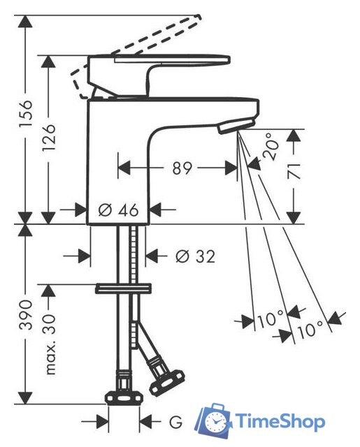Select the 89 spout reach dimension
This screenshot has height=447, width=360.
coord(182,168)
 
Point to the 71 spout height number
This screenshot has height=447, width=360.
coord(294,170)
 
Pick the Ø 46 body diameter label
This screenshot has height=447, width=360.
coord(118,210)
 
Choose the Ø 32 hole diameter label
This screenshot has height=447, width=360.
coord(195,256)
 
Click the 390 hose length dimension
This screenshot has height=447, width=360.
coord(26,315)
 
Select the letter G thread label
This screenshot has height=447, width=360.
coord(175,422)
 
